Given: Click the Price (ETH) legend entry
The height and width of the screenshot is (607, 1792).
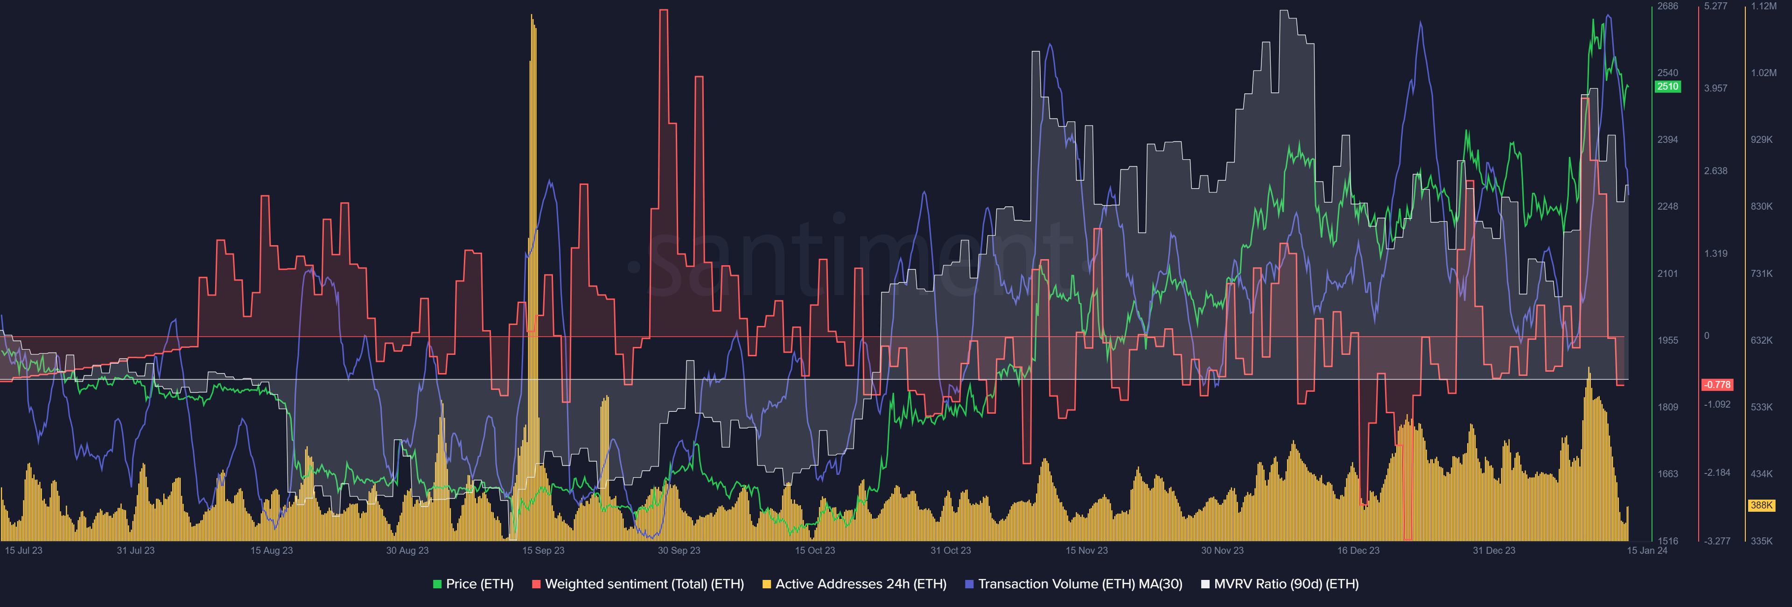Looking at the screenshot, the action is [x=473, y=584].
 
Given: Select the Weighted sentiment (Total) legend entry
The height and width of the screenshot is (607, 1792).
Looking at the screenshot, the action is [x=638, y=584].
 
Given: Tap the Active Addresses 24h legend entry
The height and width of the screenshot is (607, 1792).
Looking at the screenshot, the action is [x=854, y=584].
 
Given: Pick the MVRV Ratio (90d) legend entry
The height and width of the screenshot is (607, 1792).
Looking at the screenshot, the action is [x=1280, y=584].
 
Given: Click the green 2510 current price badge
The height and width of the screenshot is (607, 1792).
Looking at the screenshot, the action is [x=1667, y=86].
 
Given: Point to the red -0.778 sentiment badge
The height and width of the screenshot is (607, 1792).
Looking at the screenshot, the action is [x=1717, y=385].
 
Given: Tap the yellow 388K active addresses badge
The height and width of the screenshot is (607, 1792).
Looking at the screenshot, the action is [x=1761, y=505].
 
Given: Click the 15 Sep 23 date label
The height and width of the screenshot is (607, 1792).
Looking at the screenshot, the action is [x=543, y=551].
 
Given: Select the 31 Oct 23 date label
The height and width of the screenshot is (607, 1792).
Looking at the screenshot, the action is [x=950, y=551].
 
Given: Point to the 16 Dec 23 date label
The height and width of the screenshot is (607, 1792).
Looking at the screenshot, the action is [x=1358, y=551].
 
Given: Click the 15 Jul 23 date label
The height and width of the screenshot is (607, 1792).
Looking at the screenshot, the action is [x=24, y=551].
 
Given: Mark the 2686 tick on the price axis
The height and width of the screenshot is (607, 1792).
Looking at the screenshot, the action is [x=1667, y=6].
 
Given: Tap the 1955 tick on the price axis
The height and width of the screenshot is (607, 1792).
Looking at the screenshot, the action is [x=1667, y=340].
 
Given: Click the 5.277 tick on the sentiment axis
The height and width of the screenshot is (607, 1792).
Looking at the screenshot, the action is [x=1715, y=6].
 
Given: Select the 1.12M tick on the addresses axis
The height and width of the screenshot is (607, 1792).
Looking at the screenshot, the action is [x=1764, y=6].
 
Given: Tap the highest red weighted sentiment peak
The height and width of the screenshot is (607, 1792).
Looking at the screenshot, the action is [x=664, y=10].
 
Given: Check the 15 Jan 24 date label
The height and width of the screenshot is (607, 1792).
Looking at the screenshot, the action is [x=1646, y=551].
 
